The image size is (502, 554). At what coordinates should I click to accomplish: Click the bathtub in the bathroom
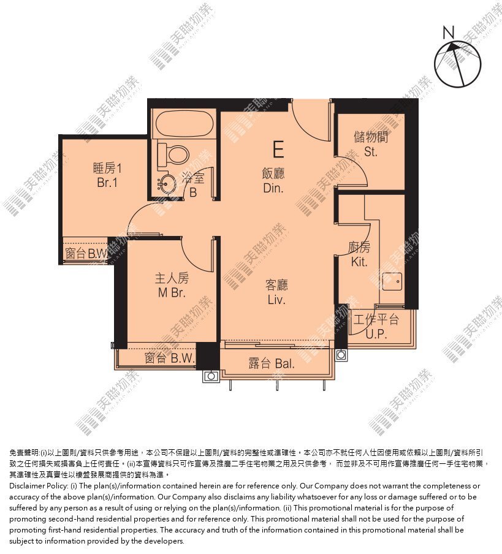pyautogui.click(x=184, y=124)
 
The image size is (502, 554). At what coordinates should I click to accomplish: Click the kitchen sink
pyautogui.click(x=392, y=281)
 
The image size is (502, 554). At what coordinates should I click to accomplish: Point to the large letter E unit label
pyautogui.click(x=278, y=149)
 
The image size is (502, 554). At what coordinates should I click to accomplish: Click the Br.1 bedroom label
pyautogui.click(x=107, y=182)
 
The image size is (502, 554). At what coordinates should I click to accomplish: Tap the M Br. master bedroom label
pyautogui.click(x=172, y=293)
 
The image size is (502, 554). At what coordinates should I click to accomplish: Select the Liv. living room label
pyautogui.click(x=276, y=300)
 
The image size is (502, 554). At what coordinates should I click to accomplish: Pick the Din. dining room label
pyautogui.click(x=273, y=188)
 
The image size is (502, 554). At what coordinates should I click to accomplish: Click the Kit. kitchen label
pyautogui.click(x=359, y=262)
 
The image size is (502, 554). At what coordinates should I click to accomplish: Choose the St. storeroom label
pyautogui.click(x=371, y=152)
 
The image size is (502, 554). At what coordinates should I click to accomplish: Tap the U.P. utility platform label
pyautogui.click(x=376, y=333)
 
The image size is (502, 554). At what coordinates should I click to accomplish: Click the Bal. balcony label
pyautogui.click(x=285, y=363)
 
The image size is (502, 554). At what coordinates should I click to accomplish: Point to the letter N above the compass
pyautogui.click(x=448, y=33)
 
